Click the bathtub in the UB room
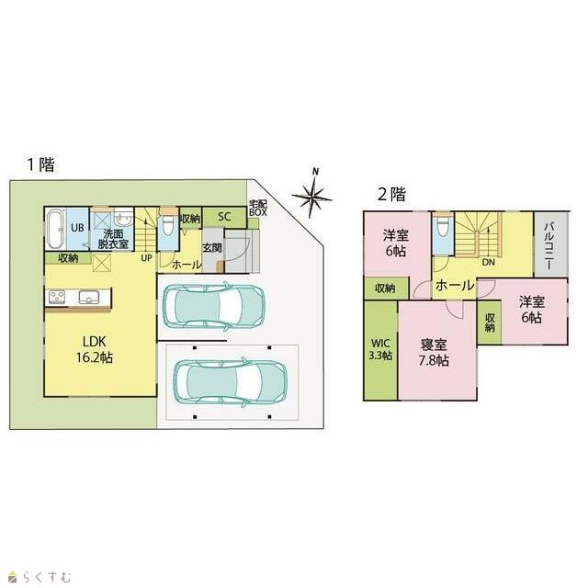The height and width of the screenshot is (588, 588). [56, 229]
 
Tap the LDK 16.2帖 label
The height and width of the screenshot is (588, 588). [95, 349]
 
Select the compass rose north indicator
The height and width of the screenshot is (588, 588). [312, 194]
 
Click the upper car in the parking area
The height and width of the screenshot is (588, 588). [214, 306]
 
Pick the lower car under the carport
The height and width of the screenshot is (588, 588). [230, 382]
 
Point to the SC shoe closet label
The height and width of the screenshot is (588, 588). [224, 217]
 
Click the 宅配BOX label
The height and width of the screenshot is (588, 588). [258, 209]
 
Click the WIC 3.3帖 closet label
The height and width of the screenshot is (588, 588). [380, 349]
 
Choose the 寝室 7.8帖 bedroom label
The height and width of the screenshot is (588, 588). [434, 353]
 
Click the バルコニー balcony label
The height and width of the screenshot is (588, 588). [549, 245]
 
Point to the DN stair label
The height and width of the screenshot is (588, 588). [489, 263]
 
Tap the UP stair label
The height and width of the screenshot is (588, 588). [147, 258]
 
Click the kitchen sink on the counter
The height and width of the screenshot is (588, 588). [88, 298]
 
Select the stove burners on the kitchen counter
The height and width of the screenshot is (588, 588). [57, 297]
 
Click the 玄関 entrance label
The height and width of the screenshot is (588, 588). [212, 248]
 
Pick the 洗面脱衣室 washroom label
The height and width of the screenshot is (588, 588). [113, 239]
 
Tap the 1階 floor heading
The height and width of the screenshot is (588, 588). [40, 164]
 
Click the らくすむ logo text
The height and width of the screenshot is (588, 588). [47, 576]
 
